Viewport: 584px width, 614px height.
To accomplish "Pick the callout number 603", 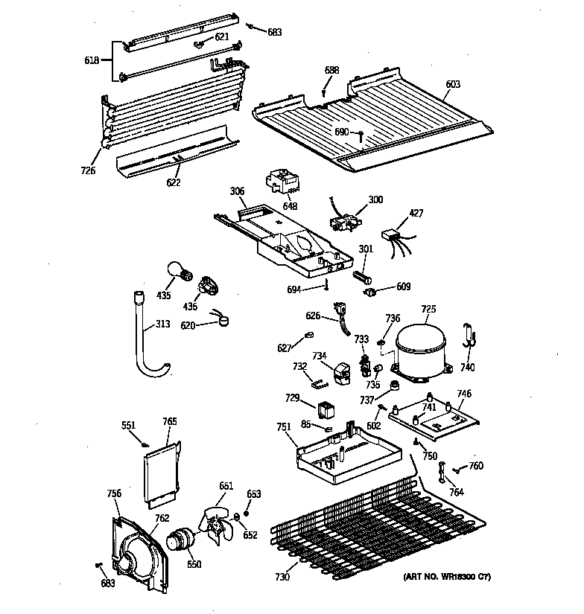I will click(453, 84).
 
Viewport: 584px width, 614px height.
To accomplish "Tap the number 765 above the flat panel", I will click(170, 421).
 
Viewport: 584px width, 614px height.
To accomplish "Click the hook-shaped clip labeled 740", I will click(468, 336).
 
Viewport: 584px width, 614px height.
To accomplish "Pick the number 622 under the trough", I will click(174, 181).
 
